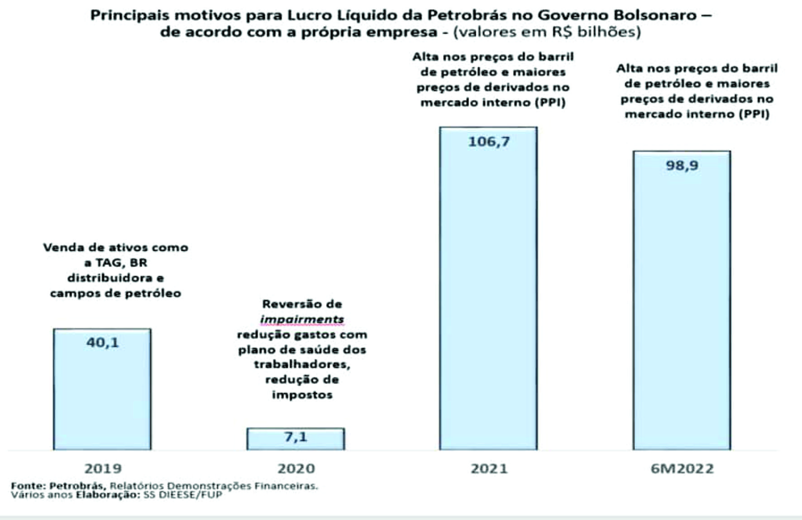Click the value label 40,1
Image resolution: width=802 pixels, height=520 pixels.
coord(103,343)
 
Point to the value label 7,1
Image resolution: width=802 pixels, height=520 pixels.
coord(296,437)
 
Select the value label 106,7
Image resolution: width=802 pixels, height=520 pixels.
coord(489,142)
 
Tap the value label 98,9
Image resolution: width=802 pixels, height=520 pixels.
coord(682,166)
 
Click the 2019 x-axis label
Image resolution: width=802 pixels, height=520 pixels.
coord(103,468)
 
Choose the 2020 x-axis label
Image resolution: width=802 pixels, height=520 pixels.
coord(296,468)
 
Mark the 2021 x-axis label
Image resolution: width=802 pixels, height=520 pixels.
coord(489,468)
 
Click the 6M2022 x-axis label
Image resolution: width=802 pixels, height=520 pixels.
coord(682,468)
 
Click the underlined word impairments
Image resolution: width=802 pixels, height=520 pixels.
coord(302,320)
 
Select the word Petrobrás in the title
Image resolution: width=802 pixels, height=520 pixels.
coord(468,15)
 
